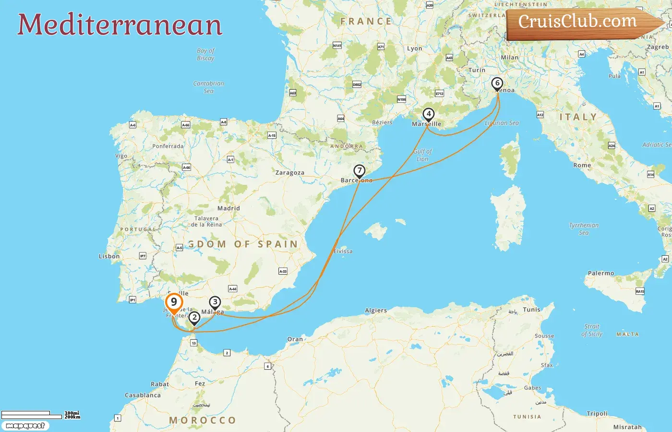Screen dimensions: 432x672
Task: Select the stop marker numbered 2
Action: click(194, 318)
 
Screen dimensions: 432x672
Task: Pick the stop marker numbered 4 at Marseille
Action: click(428, 115)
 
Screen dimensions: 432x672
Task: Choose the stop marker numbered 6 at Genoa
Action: click(497, 84)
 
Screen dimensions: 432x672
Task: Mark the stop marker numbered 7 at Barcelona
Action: click(359, 171)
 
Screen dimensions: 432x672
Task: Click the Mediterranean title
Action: click(120, 24)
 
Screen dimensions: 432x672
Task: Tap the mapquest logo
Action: click(25, 426)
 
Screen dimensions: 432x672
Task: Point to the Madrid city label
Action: click(228, 208)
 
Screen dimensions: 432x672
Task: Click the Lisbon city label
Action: click(109, 256)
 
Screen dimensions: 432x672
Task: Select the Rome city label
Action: click(582, 165)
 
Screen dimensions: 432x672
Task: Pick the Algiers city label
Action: click(376, 311)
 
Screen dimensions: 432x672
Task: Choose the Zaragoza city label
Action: click(290, 173)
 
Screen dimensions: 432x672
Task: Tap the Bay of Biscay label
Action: click(206, 54)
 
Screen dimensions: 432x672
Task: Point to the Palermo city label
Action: click(601, 273)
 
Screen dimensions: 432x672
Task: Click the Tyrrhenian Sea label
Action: click(584, 229)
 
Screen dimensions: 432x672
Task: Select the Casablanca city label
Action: click(143, 396)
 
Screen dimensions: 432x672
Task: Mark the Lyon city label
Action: click(415, 48)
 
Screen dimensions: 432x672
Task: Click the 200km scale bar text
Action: click(72, 417)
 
